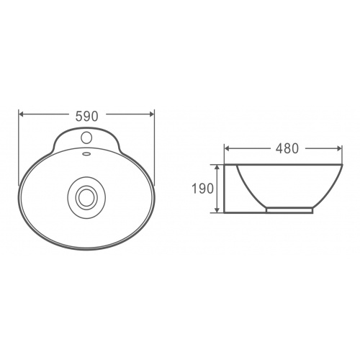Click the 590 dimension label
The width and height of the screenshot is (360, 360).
(x=87, y=116)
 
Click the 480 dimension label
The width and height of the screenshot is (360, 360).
(x=287, y=148)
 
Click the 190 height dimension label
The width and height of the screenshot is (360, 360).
(x=202, y=188)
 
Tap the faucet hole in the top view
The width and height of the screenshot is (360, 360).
(x=86, y=138)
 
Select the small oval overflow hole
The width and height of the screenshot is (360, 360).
(x=86, y=153)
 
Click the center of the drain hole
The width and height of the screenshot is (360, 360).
(x=86, y=197)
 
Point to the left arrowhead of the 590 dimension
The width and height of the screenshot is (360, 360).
(x=22, y=114)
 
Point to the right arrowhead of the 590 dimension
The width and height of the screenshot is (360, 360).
(x=151, y=114)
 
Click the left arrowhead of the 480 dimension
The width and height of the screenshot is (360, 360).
(x=227, y=148)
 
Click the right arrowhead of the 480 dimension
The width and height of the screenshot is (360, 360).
(x=339, y=148)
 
